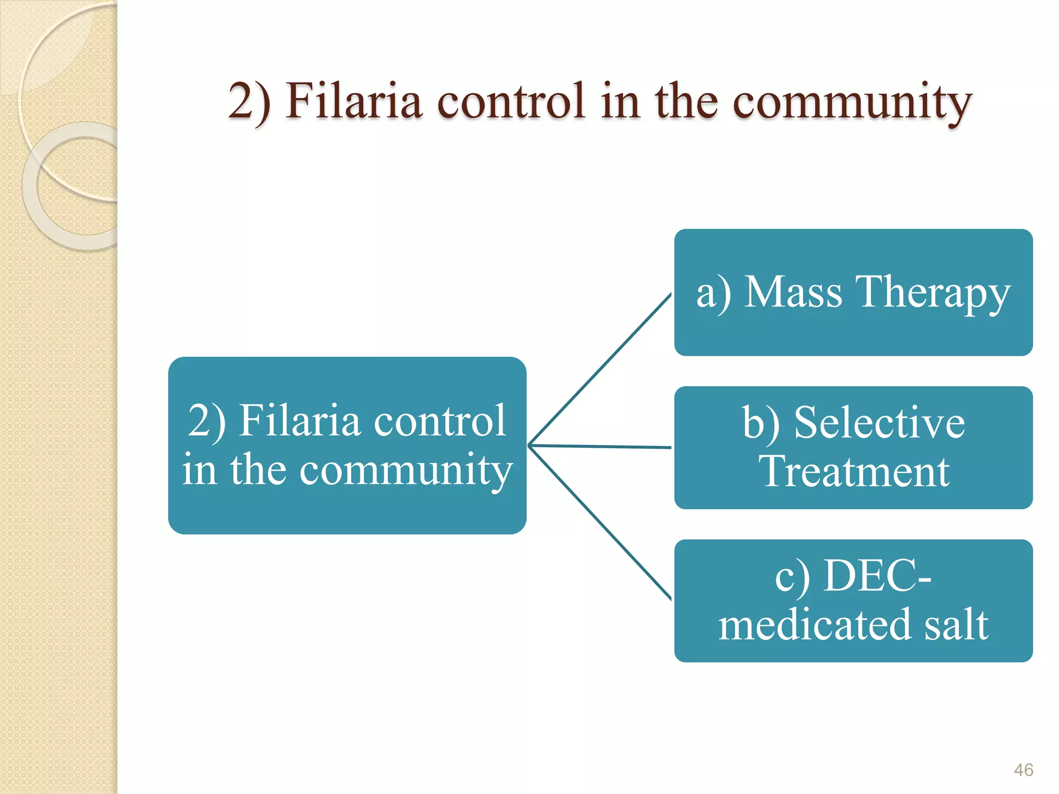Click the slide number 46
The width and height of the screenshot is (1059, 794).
[1023, 770]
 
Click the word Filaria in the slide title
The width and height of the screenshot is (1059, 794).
[354, 101]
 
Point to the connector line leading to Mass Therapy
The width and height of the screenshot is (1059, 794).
[600, 369]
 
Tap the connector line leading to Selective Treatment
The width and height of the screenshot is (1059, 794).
[600, 446]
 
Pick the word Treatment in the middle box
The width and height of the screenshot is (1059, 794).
[854, 471]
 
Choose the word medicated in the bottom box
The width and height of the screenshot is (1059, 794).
[814, 624]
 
